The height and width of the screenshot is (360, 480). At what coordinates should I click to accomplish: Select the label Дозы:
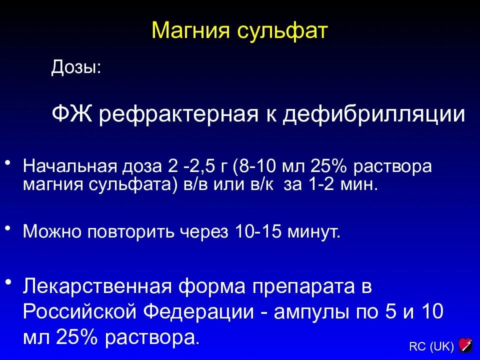click(75, 67)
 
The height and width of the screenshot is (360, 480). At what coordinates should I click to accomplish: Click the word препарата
click(301, 288)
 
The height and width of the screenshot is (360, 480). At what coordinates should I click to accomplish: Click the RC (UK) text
click(431, 346)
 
